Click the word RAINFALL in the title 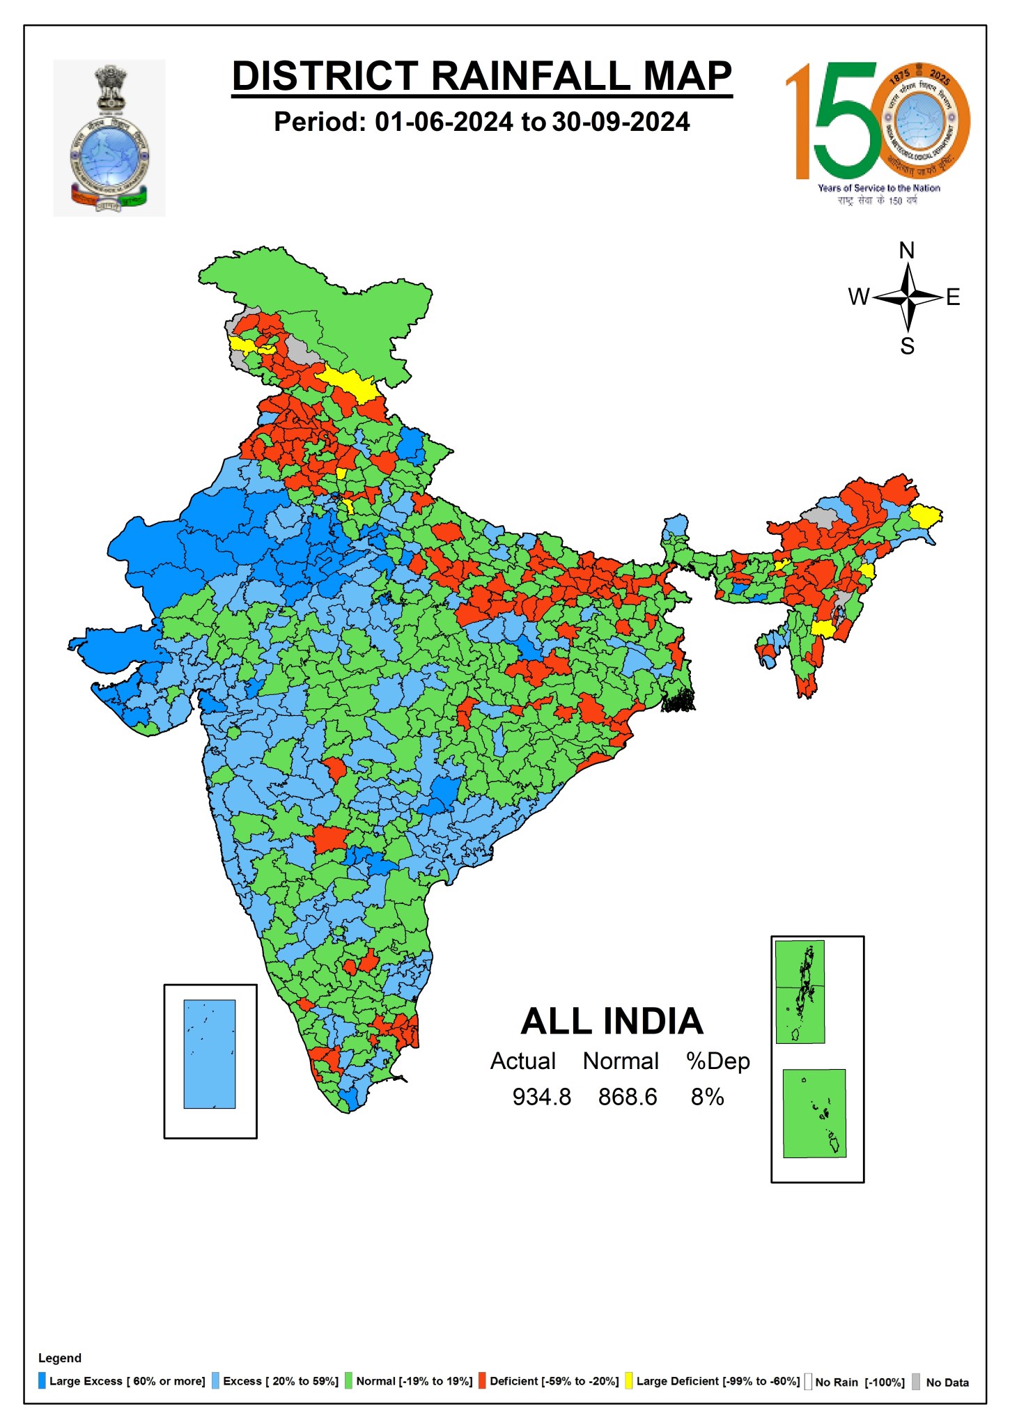(531, 76)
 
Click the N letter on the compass (907, 251)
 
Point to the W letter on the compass (858, 297)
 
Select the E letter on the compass (953, 297)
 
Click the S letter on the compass (907, 346)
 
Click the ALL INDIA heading (612, 1022)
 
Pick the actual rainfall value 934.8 (541, 1097)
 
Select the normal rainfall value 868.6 (627, 1097)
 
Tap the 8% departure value (707, 1097)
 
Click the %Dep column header (717, 1061)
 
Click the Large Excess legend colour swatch (42, 1381)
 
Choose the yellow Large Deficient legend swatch (628, 1381)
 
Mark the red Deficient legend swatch (482, 1381)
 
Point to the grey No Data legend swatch (916, 1382)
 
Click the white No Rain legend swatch (808, 1382)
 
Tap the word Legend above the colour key (60, 1358)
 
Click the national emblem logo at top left (109, 138)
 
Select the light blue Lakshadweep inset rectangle (210, 1054)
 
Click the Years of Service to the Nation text (878, 188)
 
